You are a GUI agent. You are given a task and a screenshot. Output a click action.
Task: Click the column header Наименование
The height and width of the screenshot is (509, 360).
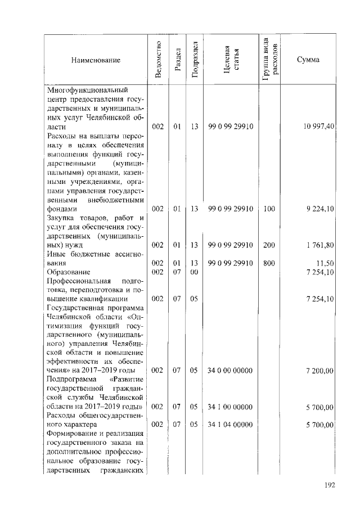pos(96,59)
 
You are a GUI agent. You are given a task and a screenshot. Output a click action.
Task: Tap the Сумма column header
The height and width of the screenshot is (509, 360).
pos(308,59)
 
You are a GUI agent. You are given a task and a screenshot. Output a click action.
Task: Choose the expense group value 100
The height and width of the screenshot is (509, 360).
pos(269,209)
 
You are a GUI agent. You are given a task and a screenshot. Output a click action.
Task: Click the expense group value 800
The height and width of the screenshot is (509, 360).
pos(269,263)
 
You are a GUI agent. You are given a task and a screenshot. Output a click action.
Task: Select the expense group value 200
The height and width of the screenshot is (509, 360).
pos(269,245)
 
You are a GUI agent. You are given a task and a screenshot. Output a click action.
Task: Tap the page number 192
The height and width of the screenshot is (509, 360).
pos(329,485)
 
